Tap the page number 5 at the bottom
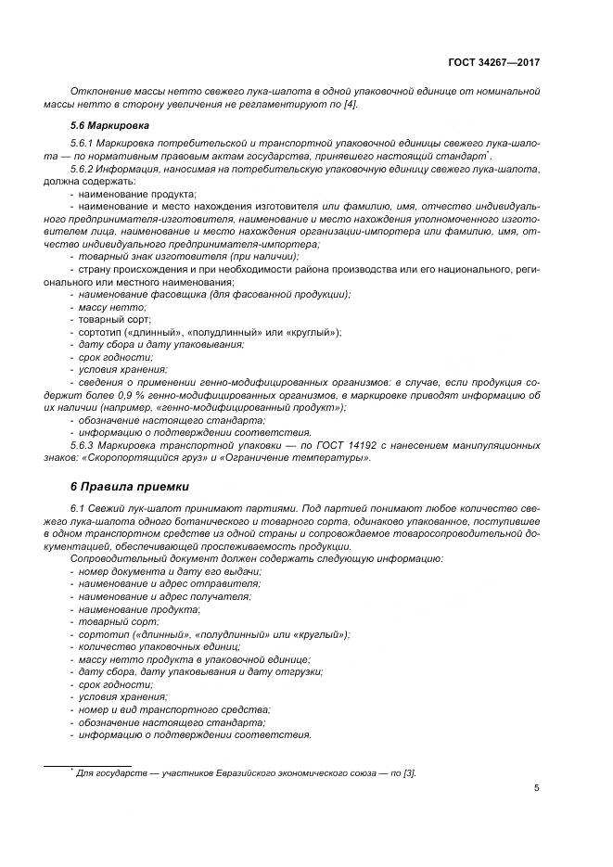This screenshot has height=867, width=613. [x=537, y=788]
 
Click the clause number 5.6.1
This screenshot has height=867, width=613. [x=85, y=144]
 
